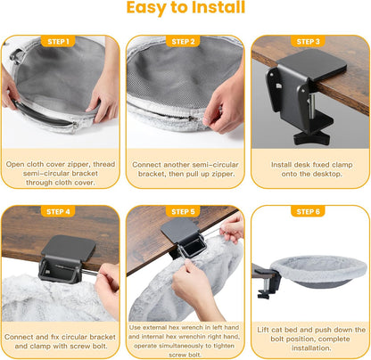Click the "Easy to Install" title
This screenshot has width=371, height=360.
185,7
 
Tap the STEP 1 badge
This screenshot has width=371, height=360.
58,42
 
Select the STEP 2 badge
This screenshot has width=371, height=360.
183,42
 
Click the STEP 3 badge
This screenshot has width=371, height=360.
308,42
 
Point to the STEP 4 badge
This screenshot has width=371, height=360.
58,211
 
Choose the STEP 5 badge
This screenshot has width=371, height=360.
183,211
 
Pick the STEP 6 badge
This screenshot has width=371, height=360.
308,211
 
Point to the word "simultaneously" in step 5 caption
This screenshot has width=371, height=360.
181,346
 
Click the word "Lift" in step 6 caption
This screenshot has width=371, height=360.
263,330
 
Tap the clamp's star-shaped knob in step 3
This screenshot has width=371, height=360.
311,138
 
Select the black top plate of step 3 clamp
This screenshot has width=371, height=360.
311,65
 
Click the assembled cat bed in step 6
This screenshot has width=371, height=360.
318,271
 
